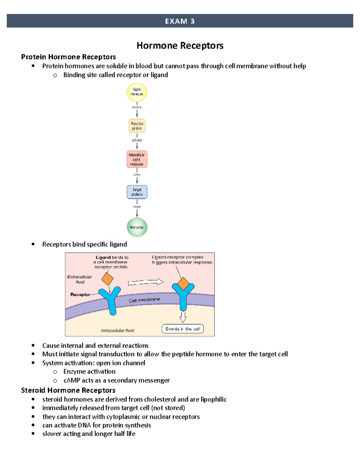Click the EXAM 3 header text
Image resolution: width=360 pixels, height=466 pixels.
[180, 21]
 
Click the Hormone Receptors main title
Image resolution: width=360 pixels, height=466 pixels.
[180, 46]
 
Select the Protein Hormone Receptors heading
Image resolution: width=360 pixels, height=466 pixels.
[68, 57]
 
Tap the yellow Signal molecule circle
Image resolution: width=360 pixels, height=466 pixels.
[137, 92]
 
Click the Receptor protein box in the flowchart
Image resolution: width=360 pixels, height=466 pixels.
[137, 126]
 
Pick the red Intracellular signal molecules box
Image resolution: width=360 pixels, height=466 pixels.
[137, 159]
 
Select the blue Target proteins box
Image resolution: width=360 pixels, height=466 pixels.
[137, 192]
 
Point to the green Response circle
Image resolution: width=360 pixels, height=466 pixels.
[137, 227]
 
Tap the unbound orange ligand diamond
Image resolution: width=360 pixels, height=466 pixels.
[107, 279]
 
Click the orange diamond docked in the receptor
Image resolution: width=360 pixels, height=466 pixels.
[183, 284]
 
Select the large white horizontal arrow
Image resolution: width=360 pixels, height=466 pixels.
[145, 282]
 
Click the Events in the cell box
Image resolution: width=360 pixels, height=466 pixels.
[183, 329]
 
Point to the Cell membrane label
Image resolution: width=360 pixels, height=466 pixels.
[144, 300]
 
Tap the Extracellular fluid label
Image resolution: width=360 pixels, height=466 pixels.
[79, 279]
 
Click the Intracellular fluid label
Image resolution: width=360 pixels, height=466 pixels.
[118, 331]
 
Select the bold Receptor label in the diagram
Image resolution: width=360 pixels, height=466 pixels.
[80, 295]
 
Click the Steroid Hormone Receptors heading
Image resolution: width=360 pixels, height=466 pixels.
[68, 390]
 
